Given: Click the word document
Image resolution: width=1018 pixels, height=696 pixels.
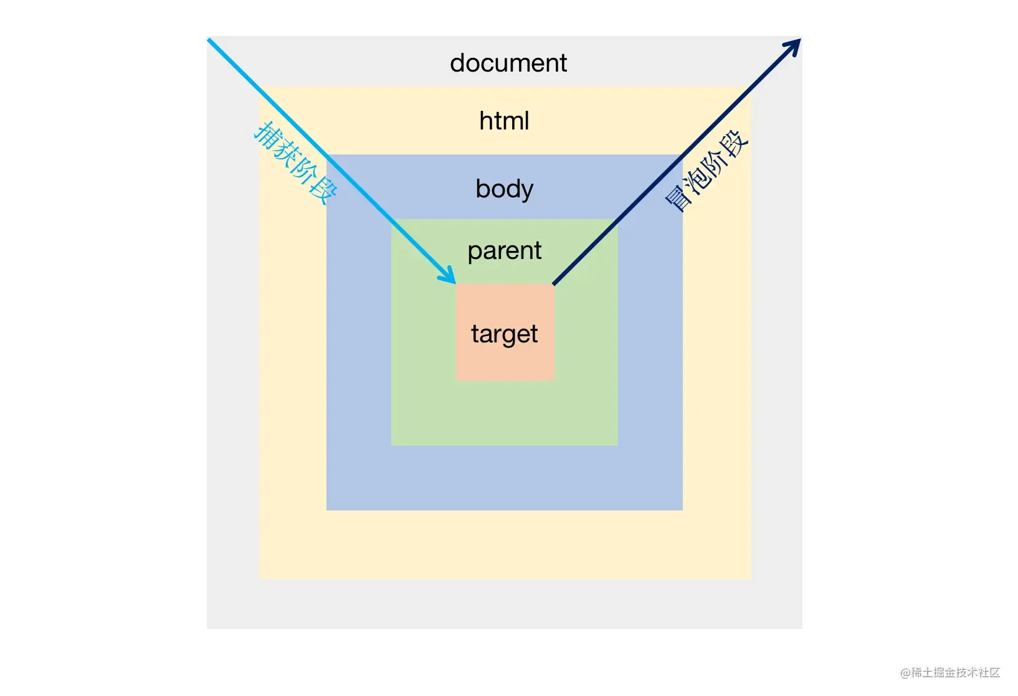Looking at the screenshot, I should click(508, 63).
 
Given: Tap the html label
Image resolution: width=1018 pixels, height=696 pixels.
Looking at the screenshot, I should click(504, 121).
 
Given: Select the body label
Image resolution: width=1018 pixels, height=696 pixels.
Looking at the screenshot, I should click(504, 189).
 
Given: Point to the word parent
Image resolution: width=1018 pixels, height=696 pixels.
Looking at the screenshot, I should click(504, 251).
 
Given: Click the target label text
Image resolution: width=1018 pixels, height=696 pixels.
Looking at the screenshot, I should click(504, 334).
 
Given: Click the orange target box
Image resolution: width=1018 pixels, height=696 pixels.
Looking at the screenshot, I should click(505, 361).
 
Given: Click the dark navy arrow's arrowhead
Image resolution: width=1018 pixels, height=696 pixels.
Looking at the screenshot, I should click(794, 45).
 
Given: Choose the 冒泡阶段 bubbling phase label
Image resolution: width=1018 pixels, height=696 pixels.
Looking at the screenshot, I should click(706, 171).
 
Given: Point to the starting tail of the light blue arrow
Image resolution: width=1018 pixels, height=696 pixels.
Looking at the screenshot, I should click(210, 41).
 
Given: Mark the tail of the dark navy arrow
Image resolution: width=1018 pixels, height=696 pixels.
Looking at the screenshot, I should click(555, 283).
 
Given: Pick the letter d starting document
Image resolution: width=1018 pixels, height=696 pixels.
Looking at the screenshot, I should click(458, 63).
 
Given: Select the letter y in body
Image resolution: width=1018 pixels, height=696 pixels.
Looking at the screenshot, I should click(527, 190).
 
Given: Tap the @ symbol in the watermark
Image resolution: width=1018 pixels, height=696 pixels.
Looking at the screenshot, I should click(905, 673).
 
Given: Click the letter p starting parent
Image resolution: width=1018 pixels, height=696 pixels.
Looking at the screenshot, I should click(474, 252).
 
